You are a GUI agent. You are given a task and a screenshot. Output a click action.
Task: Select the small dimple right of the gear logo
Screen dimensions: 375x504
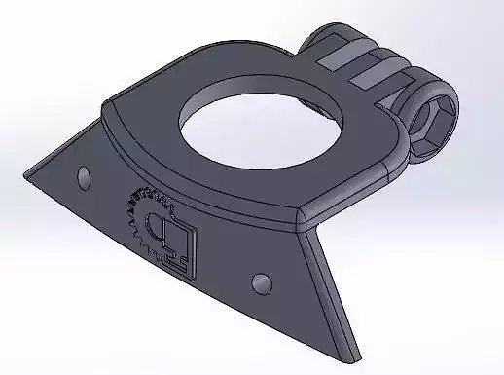click(x=261, y=283)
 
